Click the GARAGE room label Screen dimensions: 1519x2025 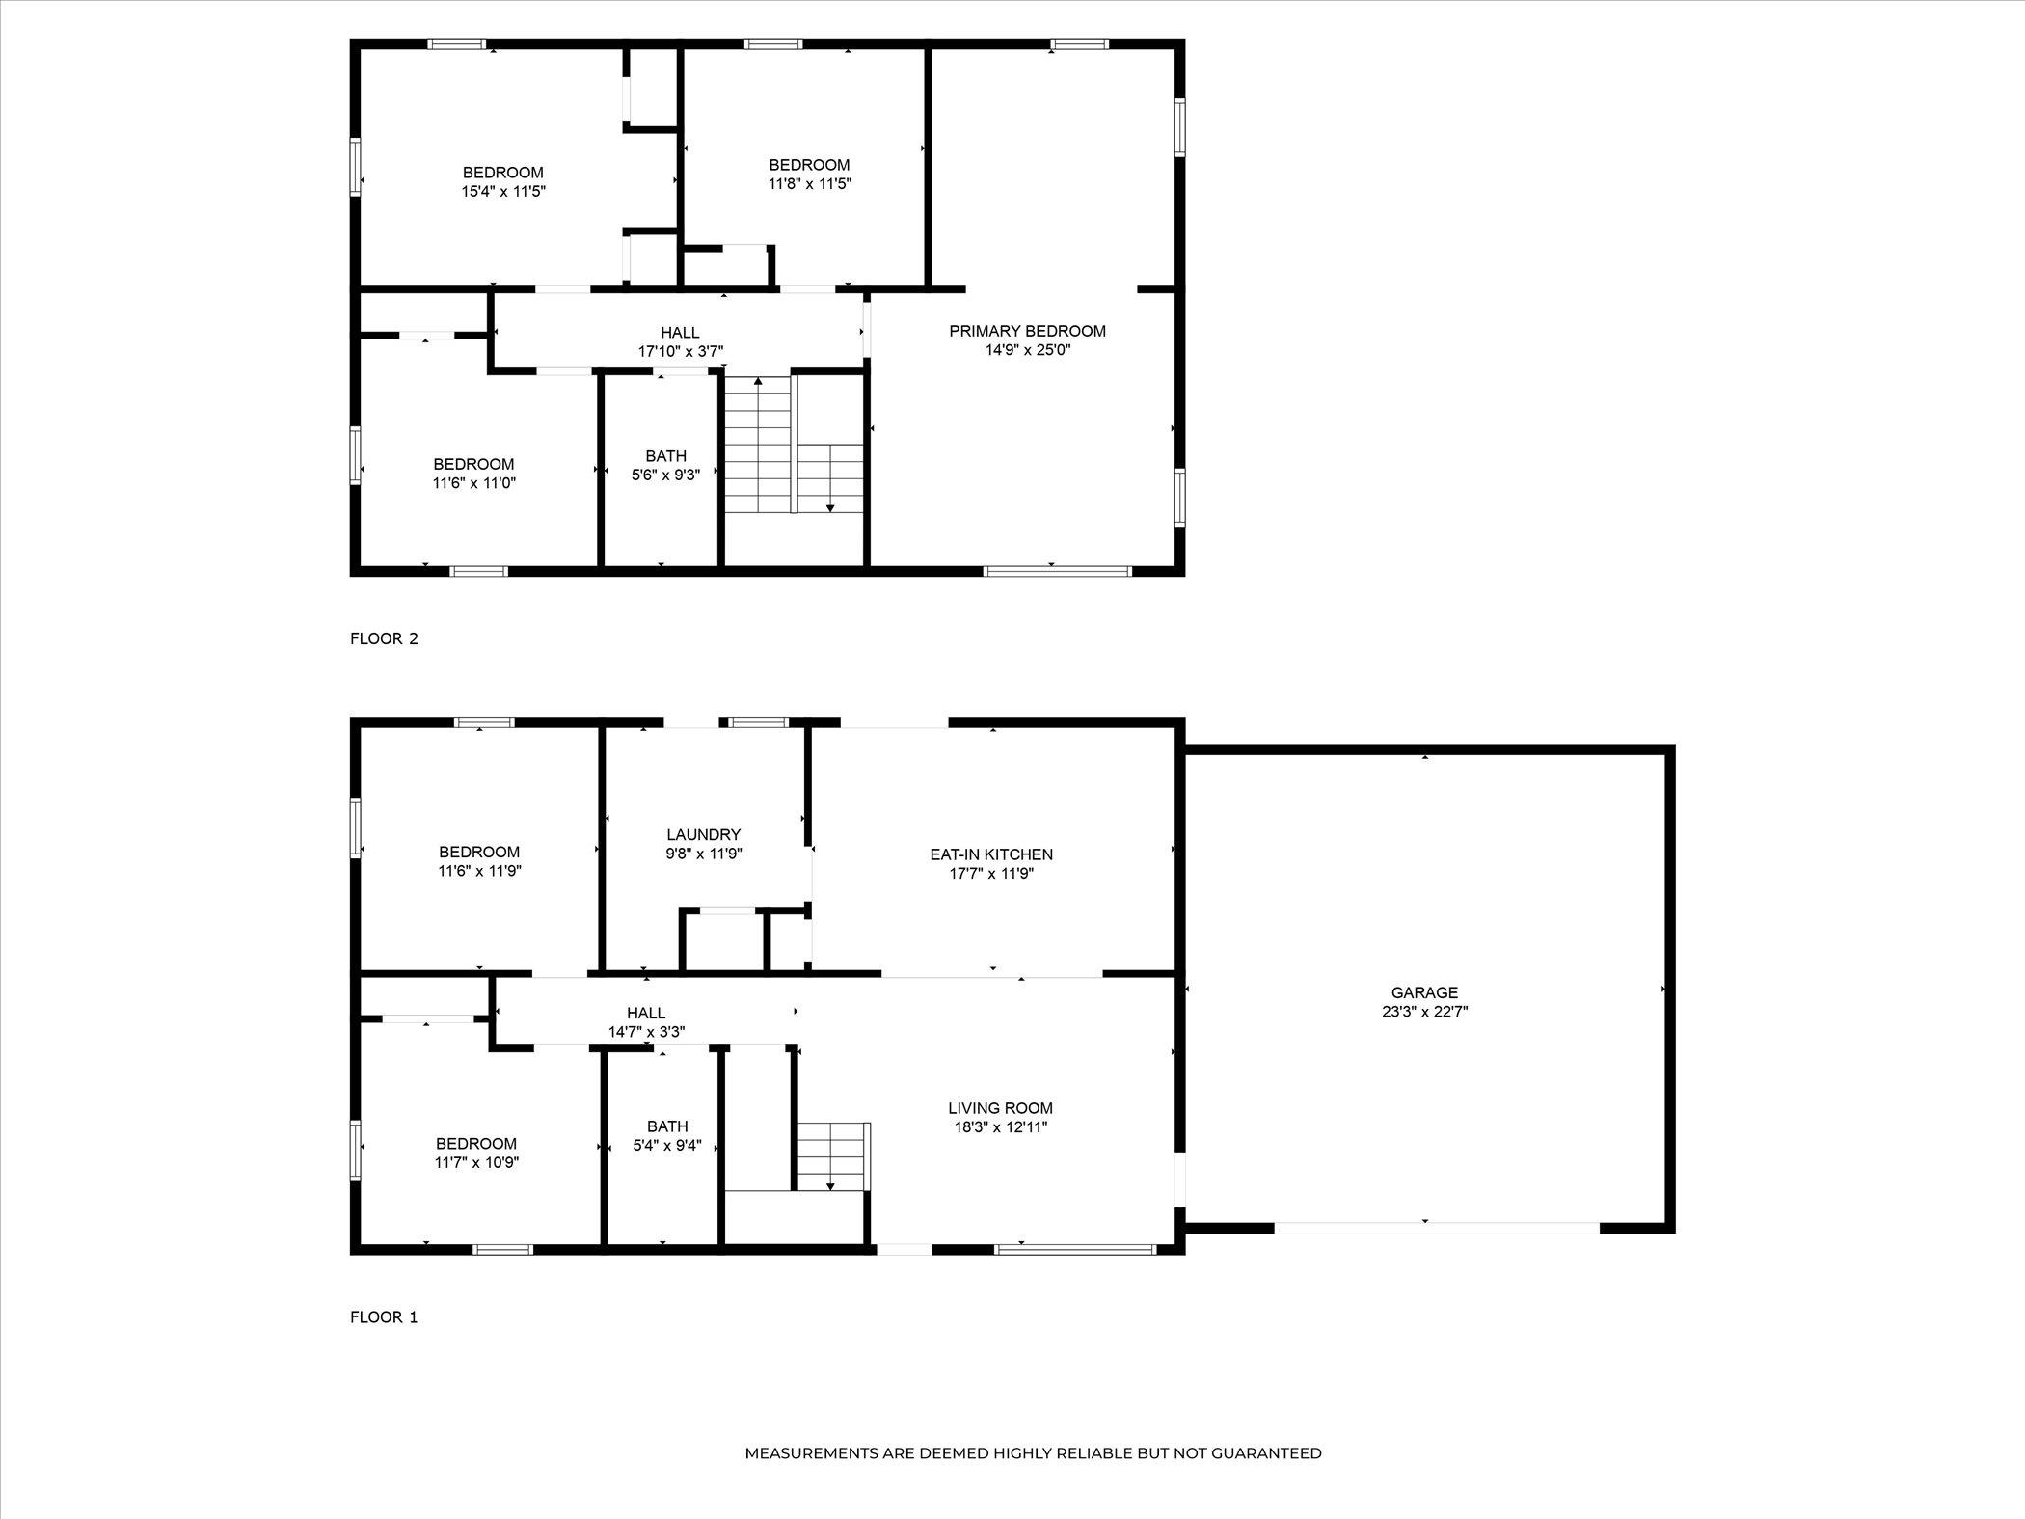(x=1424, y=992)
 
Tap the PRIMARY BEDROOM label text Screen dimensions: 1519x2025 (x=1027, y=331)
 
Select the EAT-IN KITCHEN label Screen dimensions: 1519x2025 (x=991, y=854)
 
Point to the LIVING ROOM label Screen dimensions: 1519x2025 (x=1000, y=1108)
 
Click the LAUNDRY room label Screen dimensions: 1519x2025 (x=703, y=834)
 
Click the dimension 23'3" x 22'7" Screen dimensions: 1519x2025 (x=1424, y=1012)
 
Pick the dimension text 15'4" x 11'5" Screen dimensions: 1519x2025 (x=503, y=192)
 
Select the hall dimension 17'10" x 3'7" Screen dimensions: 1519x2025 (x=680, y=352)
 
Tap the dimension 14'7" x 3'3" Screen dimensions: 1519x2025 (x=646, y=1032)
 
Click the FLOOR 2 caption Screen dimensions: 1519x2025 (x=384, y=638)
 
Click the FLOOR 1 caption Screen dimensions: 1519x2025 (x=384, y=1317)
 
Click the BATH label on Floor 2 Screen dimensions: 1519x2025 (x=665, y=456)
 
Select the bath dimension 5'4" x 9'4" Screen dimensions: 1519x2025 (x=666, y=1146)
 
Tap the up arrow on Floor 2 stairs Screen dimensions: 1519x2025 (x=758, y=383)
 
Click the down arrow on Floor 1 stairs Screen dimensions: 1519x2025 (x=830, y=1185)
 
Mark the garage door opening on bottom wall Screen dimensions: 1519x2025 (x=1437, y=1228)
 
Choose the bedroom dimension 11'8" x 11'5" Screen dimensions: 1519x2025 (x=809, y=183)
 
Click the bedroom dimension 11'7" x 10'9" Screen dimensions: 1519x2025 (x=476, y=1163)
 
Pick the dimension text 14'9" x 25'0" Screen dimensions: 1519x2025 (x=1027, y=350)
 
